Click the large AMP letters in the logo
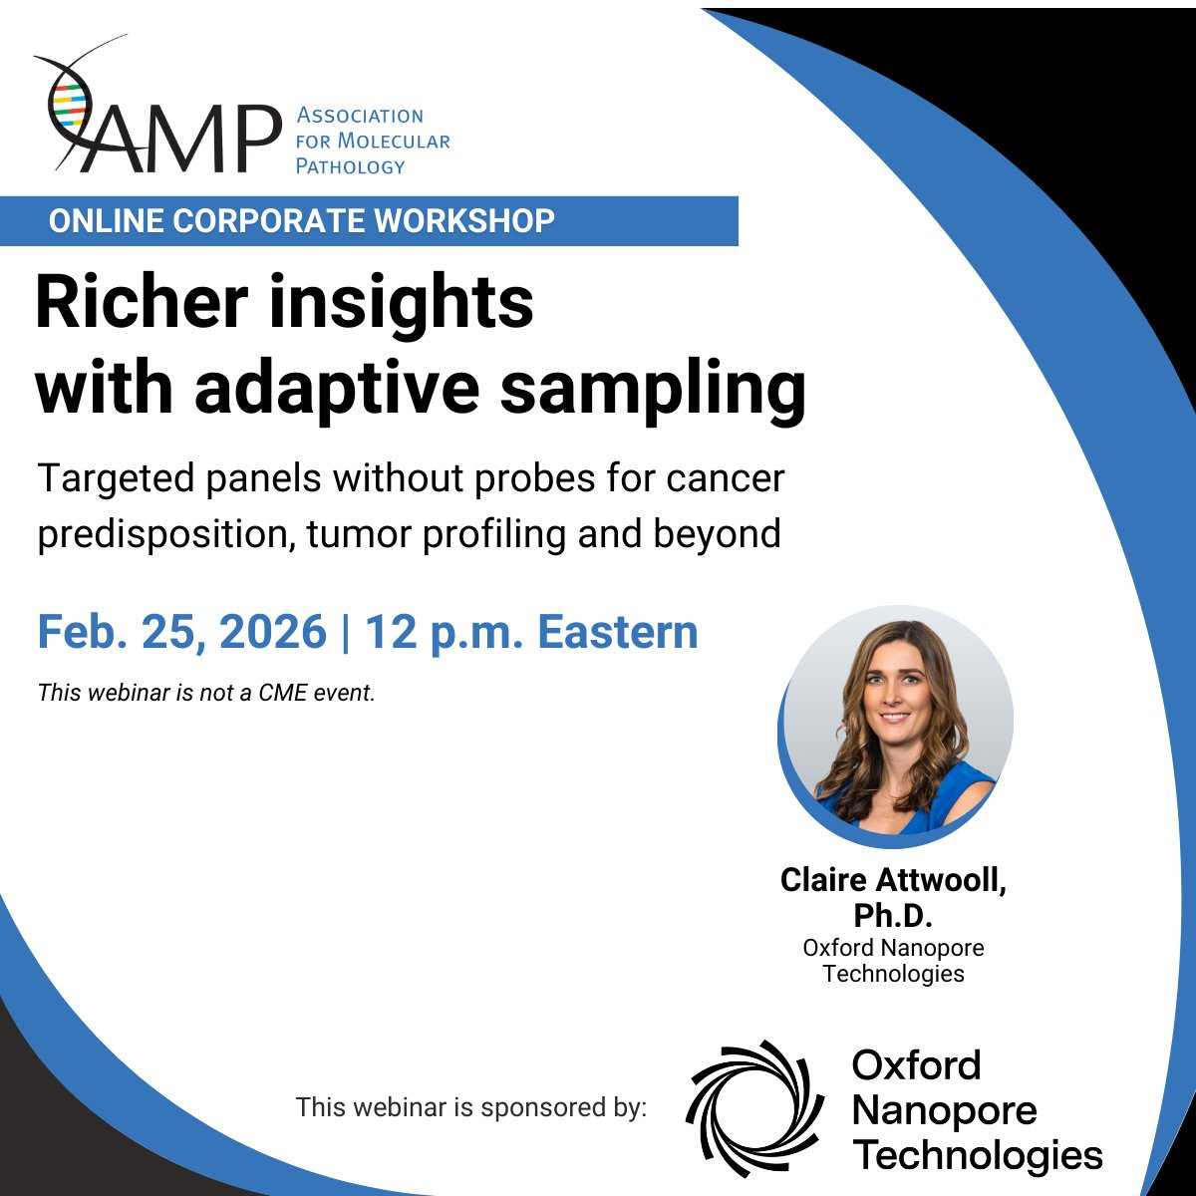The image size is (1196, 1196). pos(180,139)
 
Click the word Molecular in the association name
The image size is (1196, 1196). pos(394,141)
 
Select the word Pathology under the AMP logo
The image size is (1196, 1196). pos(350,166)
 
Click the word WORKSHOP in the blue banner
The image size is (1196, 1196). pos(464,221)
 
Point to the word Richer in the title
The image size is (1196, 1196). pos(143,304)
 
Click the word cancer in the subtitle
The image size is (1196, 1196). pos(726,479)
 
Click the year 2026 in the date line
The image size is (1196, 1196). pos(272,632)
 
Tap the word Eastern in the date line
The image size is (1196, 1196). pos(618,632)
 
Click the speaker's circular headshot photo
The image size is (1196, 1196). pos(896,727)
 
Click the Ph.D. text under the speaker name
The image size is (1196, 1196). pos(893,915)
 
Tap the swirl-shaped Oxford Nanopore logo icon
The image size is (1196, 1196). pos(754,1109)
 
